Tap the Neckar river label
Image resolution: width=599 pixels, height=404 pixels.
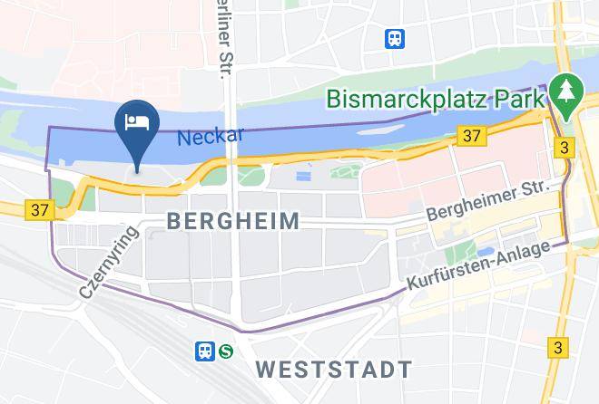[x=199, y=138]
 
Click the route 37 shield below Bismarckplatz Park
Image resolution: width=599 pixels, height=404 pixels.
[x=469, y=136]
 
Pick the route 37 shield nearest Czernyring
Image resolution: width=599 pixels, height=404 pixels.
[x=41, y=210]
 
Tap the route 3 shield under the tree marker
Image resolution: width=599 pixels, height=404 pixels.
[x=565, y=147]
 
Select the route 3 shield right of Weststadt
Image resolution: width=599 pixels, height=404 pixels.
[x=556, y=347]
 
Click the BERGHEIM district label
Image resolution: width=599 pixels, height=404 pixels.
[x=233, y=221]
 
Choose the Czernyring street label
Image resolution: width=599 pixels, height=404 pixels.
[x=109, y=262]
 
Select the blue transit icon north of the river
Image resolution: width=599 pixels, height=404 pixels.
[x=395, y=38]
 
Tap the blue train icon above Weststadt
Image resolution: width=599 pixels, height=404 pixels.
[x=202, y=351]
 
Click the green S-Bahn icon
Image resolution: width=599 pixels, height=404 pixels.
[x=223, y=351]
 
